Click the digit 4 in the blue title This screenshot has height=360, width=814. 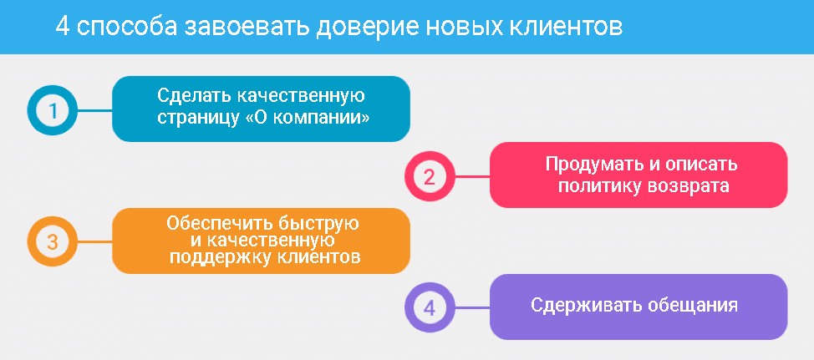[63, 27]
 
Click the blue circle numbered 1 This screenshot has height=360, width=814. [52, 110]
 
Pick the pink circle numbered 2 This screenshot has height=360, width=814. [430, 176]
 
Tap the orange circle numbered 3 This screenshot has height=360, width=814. [52, 241]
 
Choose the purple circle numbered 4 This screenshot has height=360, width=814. [430, 307]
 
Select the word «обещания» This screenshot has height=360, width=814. [693, 306]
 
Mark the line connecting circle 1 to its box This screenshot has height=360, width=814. [94, 110]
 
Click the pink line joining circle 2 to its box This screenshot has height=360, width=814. [472, 176]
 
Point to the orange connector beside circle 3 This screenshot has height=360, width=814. [94, 241]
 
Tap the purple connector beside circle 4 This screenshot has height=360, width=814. [472, 307]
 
